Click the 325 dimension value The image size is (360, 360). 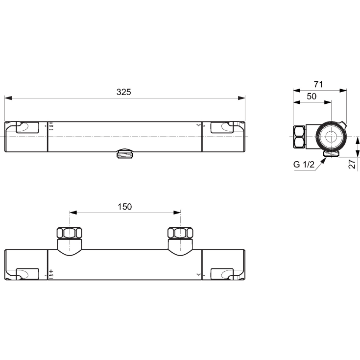click(124, 92)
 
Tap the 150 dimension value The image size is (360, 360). click(125, 207)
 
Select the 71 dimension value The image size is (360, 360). click(318, 84)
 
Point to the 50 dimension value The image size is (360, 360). click(312, 96)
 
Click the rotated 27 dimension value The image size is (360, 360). click(352, 164)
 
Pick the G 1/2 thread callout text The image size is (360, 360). click(304, 165)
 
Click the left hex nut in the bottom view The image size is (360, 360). click(70, 233)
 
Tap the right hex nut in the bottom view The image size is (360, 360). click(180, 233)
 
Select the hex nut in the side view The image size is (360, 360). click(299, 137)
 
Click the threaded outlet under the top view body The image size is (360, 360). click(125, 154)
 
